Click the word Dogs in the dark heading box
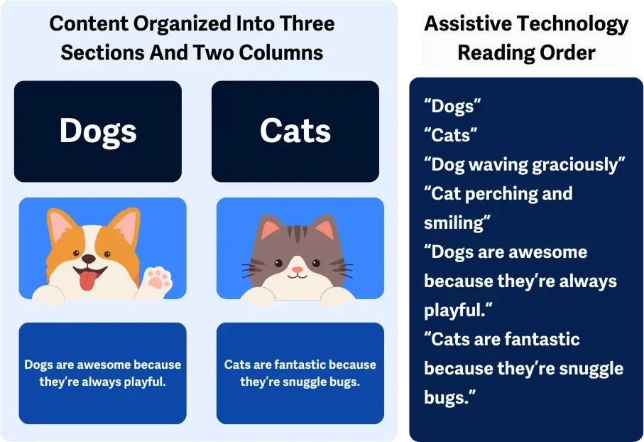98,131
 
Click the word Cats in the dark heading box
295,131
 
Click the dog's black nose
88,259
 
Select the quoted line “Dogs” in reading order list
452,107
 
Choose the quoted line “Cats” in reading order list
450,135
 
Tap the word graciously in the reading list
579,165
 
